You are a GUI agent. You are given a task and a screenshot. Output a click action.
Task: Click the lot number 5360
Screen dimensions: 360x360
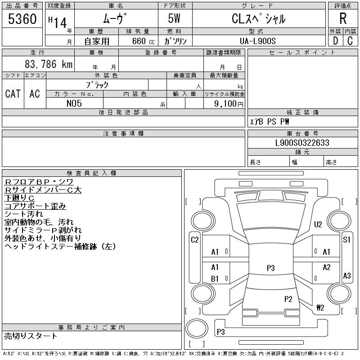[x=22, y=19]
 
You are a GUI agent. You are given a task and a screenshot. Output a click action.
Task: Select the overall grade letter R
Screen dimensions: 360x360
[x=343, y=19]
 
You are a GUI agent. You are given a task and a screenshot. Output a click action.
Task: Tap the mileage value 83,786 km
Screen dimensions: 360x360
[x=48, y=64]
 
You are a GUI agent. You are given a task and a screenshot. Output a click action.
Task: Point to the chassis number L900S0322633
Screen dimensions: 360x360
[x=302, y=143]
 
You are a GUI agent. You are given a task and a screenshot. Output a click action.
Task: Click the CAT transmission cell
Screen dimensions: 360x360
[x=13, y=94]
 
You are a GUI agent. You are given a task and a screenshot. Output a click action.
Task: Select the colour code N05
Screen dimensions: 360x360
[x=74, y=103]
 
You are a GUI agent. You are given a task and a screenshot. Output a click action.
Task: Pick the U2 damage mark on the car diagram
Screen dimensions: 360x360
[x=318, y=224]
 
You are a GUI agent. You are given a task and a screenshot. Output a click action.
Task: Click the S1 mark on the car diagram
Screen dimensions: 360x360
[x=346, y=240]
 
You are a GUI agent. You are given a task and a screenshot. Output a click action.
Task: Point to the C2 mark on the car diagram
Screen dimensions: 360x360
[x=195, y=240]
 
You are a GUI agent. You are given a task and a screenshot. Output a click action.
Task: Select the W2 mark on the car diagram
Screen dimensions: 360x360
[x=320, y=308]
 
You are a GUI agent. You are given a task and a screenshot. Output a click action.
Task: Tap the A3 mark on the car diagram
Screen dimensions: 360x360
[x=346, y=276]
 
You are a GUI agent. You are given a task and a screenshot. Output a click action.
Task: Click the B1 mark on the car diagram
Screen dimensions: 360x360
[x=215, y=279]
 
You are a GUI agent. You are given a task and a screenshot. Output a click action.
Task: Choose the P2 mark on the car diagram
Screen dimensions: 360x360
[x=288, y=299]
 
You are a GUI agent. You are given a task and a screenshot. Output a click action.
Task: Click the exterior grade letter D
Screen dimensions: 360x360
[x=335, y=41]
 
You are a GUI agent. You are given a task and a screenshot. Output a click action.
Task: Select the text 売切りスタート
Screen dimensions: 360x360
[x=31, y=336]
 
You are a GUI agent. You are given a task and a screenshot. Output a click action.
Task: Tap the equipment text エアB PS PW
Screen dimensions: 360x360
[x=270, y=121]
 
